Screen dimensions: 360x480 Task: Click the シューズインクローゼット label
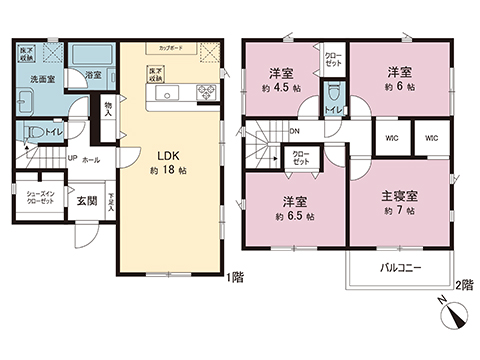[43, 198]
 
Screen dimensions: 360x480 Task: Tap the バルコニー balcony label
[401, 268]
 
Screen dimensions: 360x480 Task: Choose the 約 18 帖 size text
[165, 169]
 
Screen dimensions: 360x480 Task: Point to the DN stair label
[295, 130]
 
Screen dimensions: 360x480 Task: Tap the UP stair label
[73, 157]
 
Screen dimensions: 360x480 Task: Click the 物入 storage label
[108, 109]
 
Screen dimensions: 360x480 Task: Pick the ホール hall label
[91, 157]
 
